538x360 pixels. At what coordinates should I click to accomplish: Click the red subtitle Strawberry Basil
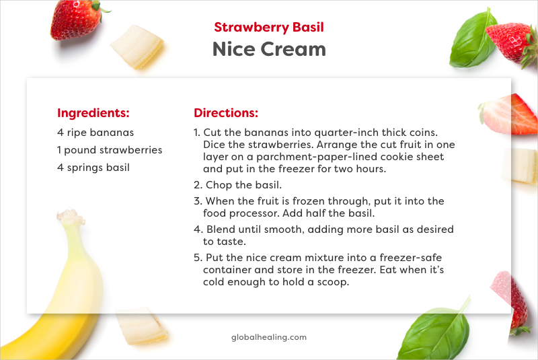[269, 28]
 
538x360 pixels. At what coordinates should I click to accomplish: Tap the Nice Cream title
[269, 49]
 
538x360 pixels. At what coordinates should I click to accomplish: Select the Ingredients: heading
[93, 113]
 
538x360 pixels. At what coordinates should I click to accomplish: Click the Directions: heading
[226, 113]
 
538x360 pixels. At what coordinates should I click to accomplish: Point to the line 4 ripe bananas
[95, 133]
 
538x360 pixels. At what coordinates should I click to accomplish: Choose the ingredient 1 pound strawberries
[110, 150]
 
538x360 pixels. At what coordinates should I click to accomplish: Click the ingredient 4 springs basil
[93, 168]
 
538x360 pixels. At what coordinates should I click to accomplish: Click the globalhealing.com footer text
[268, 337]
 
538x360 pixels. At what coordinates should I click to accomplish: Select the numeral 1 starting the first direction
[196, 133]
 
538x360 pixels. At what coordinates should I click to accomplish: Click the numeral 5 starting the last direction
[197, 258]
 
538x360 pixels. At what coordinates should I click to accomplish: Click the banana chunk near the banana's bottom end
[141, 330]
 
